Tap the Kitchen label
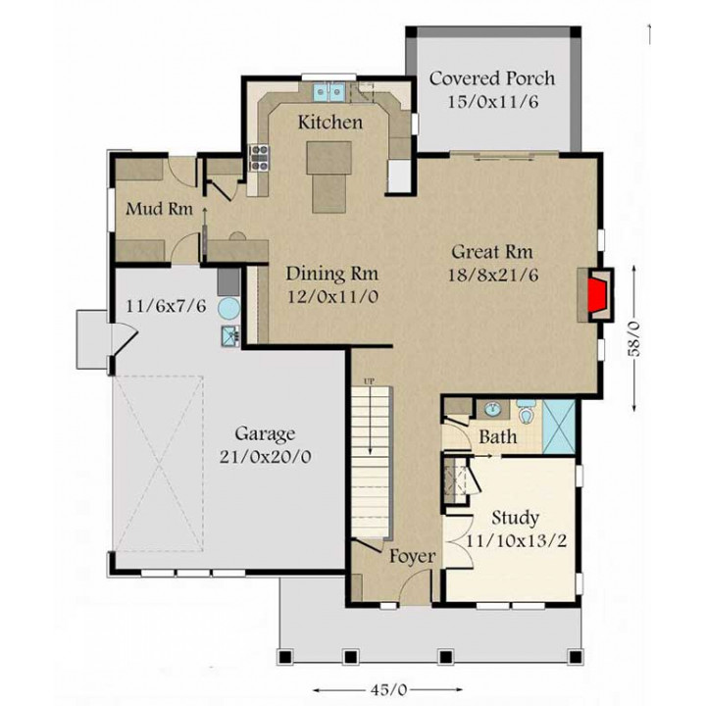pyautogui.click(x=330, y=123)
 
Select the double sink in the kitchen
pyautogui.click(x=329, y=92)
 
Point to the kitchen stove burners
pyautogui.click(x=259, y=158)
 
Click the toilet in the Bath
pyautogui.click(x=525, y=412)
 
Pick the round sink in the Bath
pyautogui.click(x=493, y=409)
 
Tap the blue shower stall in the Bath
pyautogui.click(x=560, y=427)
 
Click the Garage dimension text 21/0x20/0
pyautogui.click(x=265, y=458)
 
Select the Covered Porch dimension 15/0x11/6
pyautogui.click(x=493, y=102)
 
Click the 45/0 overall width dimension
pyautogui.click(x=388, y=689)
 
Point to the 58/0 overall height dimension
pyautogui.click(x=634, y=338)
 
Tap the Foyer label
pyautogui.click(x=413, y=557)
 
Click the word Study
pyautogui.click(x=515, y=519)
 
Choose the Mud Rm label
pyautogui.click(x=160, y=209)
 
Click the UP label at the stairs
pyautogui.click(x=370, y=381)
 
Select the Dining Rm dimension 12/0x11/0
pyautogui.click(x=332, y=297)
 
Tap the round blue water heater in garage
pyautogui.click(x=228, y=309)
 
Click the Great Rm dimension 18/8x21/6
pyautogui.click(x=493, y=276)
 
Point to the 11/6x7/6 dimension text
pyautogui.click(x=166, y=307)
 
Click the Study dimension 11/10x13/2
pyautogui.click(x=516, y=540)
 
